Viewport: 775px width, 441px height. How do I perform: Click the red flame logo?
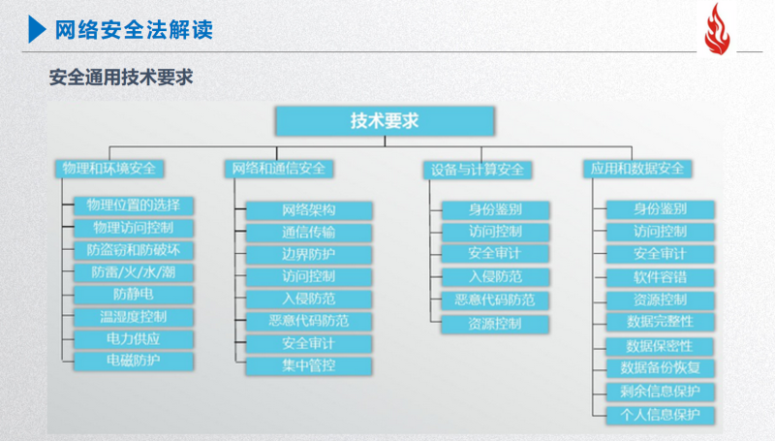[718, 29]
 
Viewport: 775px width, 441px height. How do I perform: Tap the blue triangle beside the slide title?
[37, 29]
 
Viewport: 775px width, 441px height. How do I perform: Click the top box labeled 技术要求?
[385, 120]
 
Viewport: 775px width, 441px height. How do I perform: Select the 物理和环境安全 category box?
[109, 169]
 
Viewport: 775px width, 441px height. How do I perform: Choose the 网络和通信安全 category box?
[279, 169]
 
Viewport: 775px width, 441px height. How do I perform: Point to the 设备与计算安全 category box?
[478, 170]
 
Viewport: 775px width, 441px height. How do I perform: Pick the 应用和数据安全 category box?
[637, 169]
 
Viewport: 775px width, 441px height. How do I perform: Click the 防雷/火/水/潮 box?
[134, 272]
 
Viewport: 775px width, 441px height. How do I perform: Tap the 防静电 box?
[134, 295]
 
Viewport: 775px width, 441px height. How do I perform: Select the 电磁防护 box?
[134, 361]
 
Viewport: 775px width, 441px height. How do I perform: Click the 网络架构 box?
[309, 210]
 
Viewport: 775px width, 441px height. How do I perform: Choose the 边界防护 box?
[309, 255]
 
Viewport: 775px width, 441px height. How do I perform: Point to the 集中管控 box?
[309, 365]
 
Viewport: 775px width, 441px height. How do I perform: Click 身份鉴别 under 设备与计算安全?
[495, 209]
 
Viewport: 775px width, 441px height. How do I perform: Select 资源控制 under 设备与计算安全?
[495, 324]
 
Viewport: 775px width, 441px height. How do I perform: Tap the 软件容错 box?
[661, 277]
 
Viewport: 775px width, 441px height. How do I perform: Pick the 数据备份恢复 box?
[661, 368]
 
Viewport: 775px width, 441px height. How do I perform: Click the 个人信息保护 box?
[661, 415]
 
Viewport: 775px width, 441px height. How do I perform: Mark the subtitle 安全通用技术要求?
[121, 78]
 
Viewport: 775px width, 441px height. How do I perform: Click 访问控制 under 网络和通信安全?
[309, 277]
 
